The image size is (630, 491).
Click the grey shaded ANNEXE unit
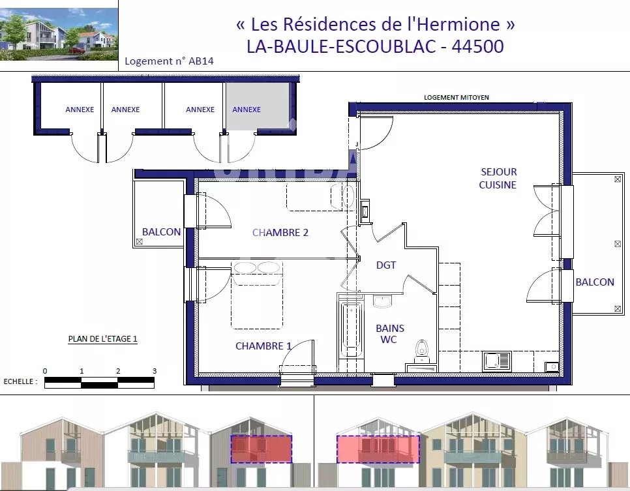(x=257, y=106)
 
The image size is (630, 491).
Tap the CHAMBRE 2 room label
(x=280, y=232)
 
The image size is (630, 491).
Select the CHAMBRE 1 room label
(x=263, y=346)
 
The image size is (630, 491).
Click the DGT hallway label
(x=386, y=265)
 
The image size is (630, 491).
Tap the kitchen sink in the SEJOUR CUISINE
(x=496, y=361)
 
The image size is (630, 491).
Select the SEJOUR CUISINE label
(x=498, y=178)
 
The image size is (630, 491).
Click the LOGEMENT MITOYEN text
(x=457, y=97)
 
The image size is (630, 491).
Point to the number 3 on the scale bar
(x=155, y=371)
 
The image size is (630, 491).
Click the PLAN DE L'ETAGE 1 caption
(x=103, y=338)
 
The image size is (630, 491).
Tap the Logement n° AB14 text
(x=169, y=61)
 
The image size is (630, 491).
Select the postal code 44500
(x=478, y=46)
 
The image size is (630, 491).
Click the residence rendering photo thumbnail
(x=59, y=34)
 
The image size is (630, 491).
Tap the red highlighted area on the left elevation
(x=262, y=449)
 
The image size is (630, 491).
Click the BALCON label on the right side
(x=595, y=282)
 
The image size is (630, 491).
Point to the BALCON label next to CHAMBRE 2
(x=161, y=232)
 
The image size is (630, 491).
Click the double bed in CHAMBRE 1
(x=257, y=295)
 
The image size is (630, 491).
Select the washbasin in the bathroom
(x=382, y=301)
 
